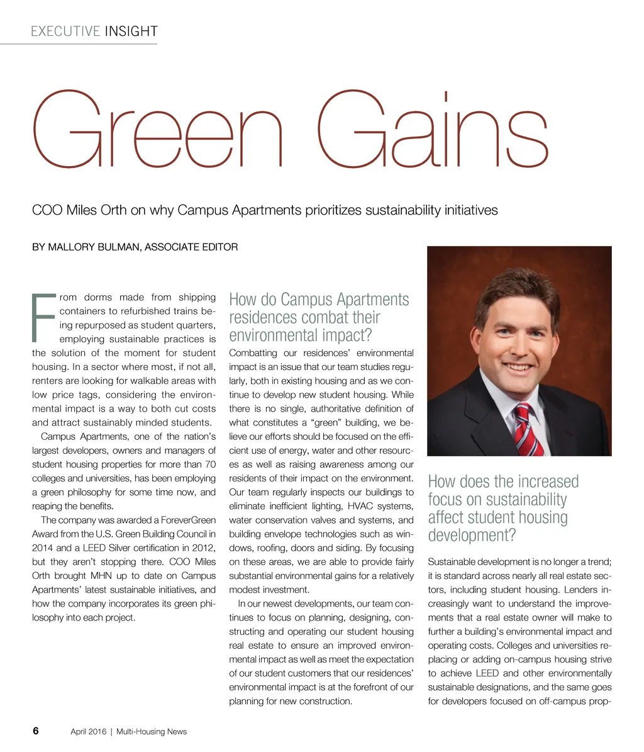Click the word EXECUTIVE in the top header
(65, 31)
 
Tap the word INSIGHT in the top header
(131, 31)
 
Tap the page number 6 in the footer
(36, 731)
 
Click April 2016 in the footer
(88, 731)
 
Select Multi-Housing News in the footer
(152, 731)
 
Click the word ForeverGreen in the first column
(186, 520)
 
